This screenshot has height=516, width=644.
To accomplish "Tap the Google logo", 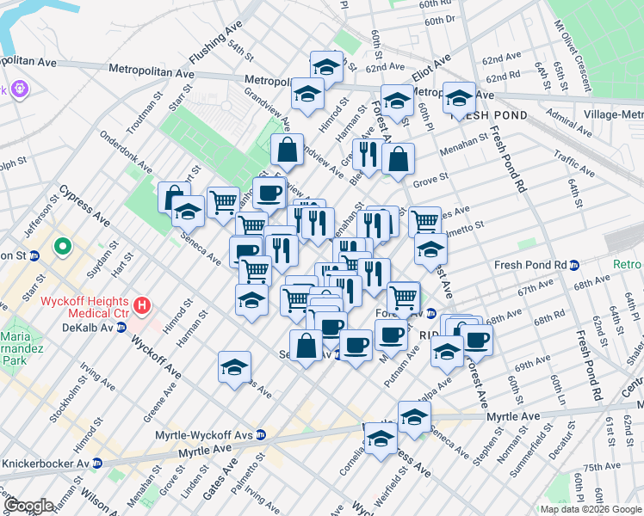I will [29, 506].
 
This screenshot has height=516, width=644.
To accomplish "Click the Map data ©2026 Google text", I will [590, 509].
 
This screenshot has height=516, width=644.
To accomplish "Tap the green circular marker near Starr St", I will [62, 249].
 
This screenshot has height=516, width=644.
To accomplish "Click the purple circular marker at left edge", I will [19, 89].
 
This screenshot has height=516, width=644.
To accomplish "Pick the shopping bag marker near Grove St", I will [398, 159].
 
